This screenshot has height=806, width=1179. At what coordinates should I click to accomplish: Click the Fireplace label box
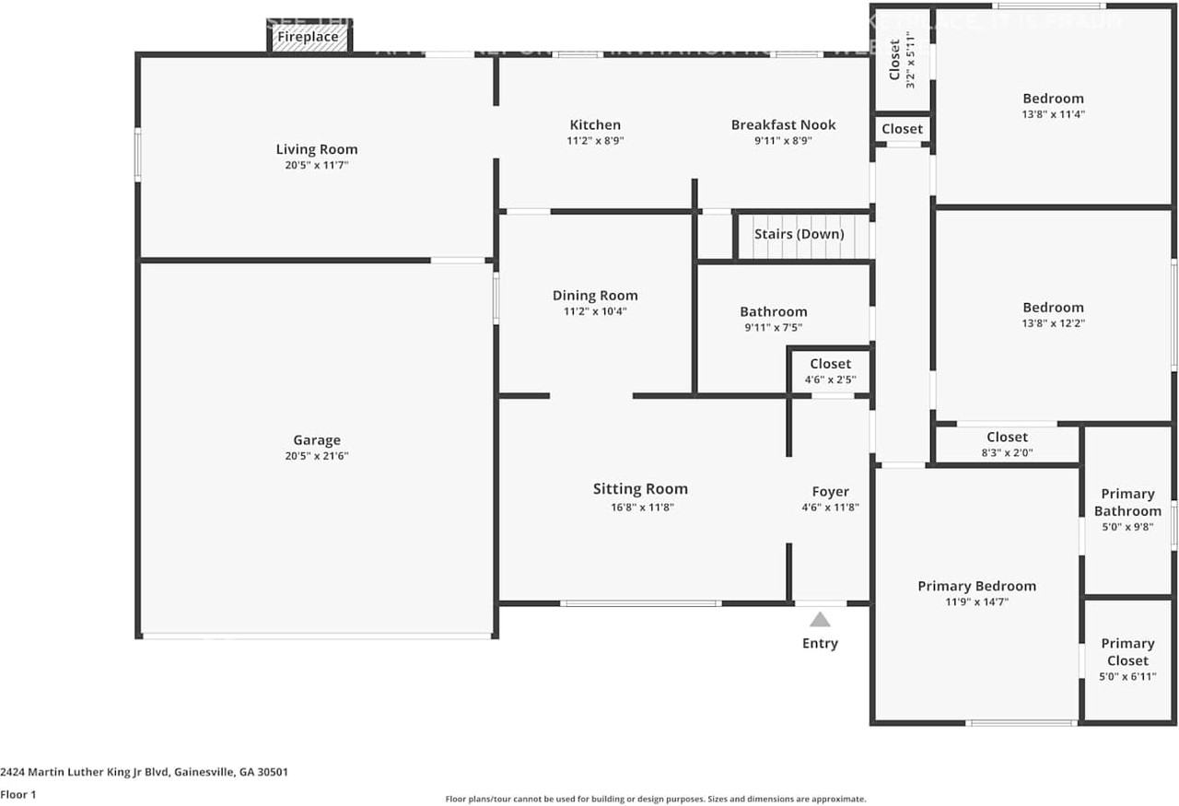[x=308, y=38]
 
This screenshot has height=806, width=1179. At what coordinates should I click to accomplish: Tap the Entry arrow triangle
[x=820, y=620]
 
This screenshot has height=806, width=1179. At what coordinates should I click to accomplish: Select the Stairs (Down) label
[x=799, y=234]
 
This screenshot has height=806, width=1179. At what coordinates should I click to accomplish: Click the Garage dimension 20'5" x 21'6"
[x=317, y=456]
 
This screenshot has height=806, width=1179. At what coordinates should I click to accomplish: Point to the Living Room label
[x=317, y=149]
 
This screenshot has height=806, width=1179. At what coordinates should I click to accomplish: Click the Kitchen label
[x=595, y=125]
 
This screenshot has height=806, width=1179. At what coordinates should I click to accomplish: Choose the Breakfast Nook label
[x=783, y=125]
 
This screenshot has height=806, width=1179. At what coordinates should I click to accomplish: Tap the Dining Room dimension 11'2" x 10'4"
[x=595, y=311]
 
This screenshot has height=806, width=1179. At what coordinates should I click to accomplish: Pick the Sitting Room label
[x=640, y=489]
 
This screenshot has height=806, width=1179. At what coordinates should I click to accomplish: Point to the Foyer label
[x=830, y=492]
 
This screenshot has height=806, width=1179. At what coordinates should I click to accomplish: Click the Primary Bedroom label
[x=976, y=586]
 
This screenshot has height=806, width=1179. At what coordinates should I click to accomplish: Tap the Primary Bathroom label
[x=1127, y=503]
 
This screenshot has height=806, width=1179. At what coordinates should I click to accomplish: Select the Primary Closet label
[x=1127, y=652]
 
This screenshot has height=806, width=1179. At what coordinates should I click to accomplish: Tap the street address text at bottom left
[x=144, y=772]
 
